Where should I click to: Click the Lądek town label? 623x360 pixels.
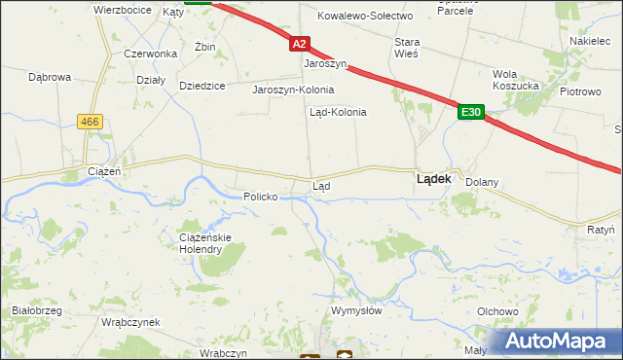pyautogui.click(x=432, y=179)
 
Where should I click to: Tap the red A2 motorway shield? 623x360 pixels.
pyautogui.click(x=299, y=44)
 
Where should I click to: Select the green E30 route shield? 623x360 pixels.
pyautogui.click(x=471, y=113)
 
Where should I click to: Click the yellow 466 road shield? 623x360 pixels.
pyautogui.click(x=90, y=121)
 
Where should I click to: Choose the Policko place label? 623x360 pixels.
pyautogui.click(x=261, y=197)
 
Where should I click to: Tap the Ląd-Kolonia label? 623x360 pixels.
pyautogui.click(x=338, y=112)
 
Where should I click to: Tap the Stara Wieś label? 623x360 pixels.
pyautogui.click(x=406, y=48)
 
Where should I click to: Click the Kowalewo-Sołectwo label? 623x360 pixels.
pyautogui.click(x=367, y=16)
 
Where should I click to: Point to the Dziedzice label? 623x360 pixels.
pyautogui.click(x=202, y=86)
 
